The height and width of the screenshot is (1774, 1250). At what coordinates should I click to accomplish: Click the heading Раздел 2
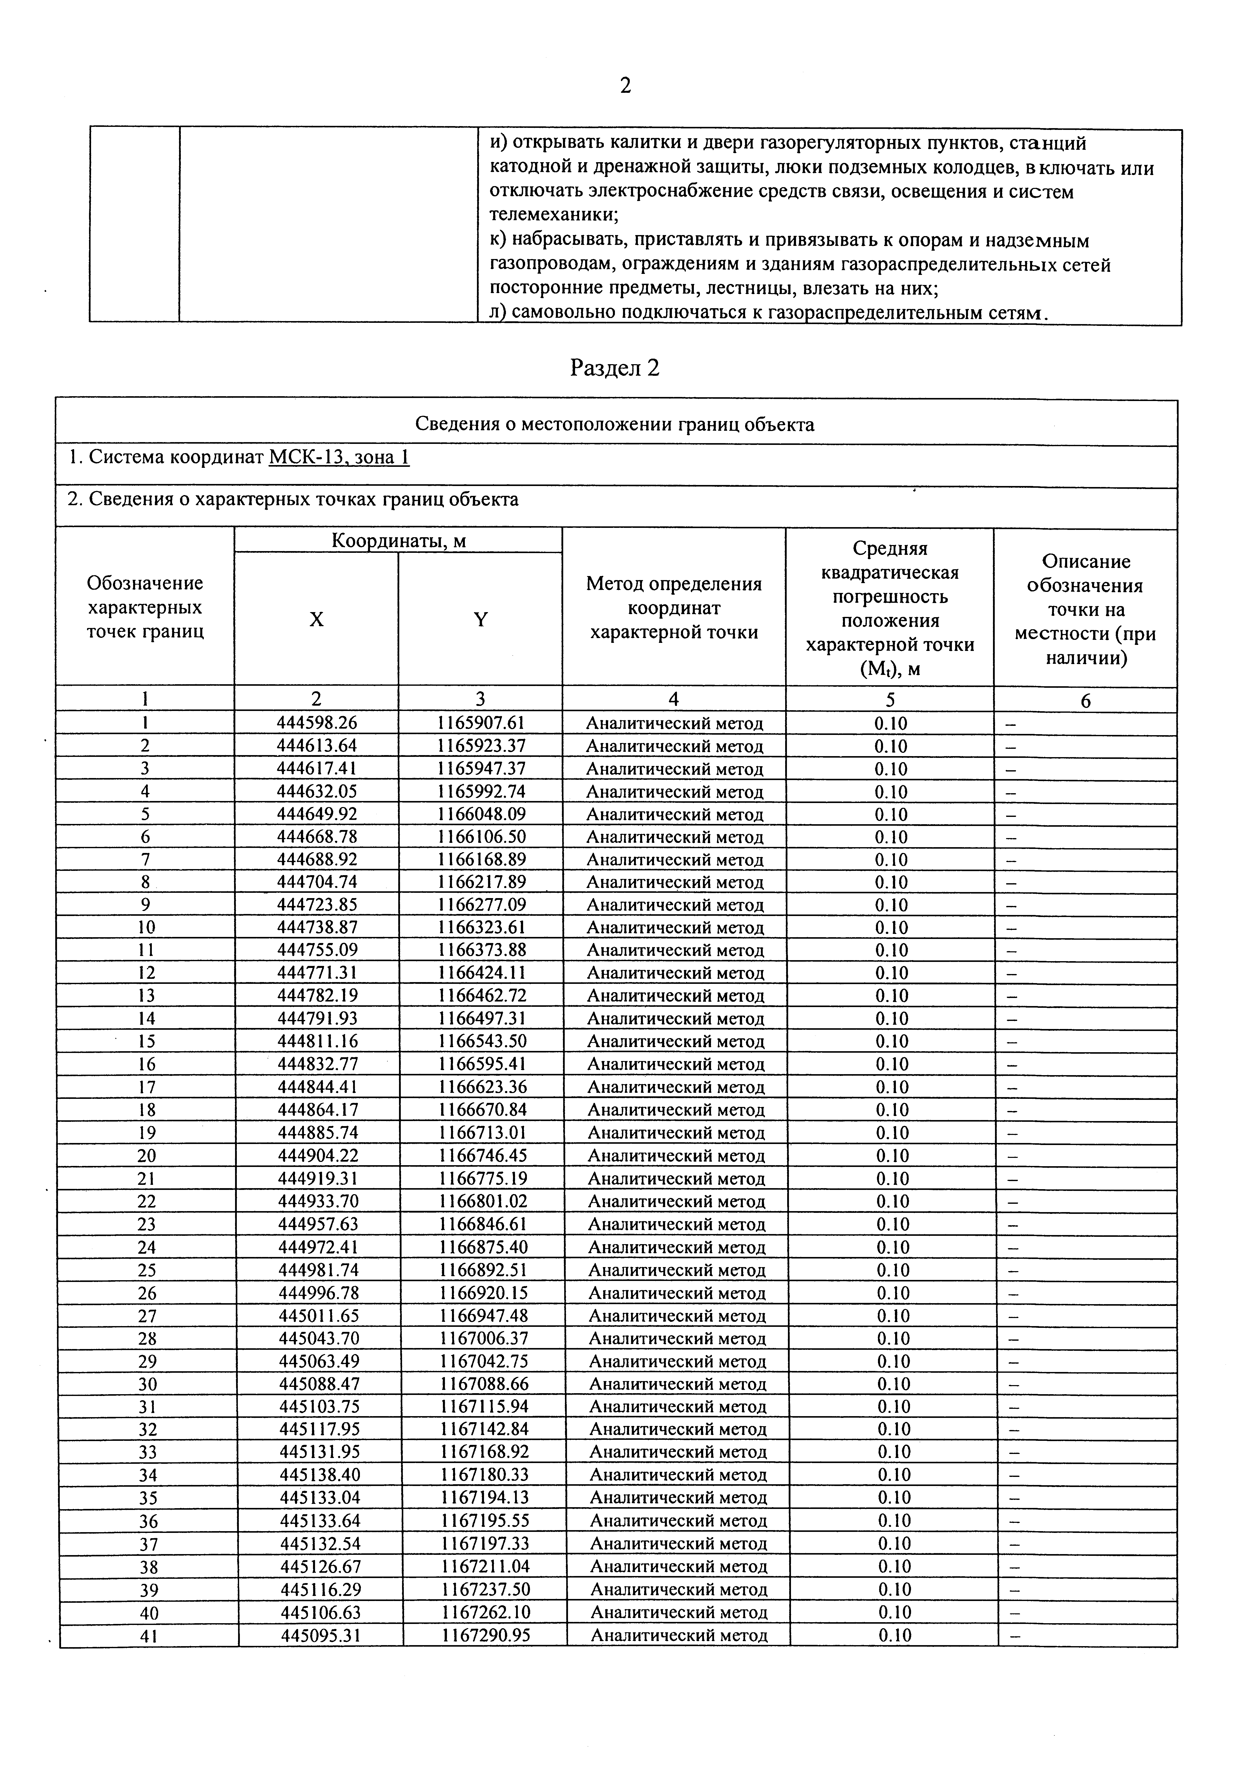pyautogui.click(x=615, y=368)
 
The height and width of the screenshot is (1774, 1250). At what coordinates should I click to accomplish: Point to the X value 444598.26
pyautogui.click(x=317, y=722)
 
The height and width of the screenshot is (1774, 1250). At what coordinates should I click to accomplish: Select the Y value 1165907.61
pyautogui.click(x=480, y=722)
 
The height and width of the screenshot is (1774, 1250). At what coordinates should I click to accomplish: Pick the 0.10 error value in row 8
pyautogui.click(x=891, y=882)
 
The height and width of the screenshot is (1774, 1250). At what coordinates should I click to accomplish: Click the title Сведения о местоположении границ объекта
pyautogui.click(x=615, y=423)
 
